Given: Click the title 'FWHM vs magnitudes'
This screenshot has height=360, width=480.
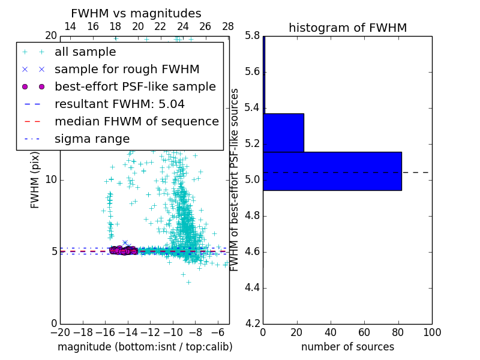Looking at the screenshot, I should [x=136, y=14].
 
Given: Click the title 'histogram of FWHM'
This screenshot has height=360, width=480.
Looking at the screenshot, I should [x=347, y=28].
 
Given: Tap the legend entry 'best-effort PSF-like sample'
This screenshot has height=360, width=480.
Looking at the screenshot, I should [x=135, y=86].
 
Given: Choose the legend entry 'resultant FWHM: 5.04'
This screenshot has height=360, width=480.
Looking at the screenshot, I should [x=119, y=104].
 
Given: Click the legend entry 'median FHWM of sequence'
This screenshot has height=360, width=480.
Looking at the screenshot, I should [x=136, y=121].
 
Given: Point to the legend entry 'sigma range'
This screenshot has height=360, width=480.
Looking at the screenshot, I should [x=92, y=139].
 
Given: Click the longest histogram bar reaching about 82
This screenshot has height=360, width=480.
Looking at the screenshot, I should [x=332, y=171].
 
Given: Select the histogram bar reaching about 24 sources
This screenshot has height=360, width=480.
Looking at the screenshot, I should [x=283, y=133].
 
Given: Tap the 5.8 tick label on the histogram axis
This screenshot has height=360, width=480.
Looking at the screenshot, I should [x=252, y=36].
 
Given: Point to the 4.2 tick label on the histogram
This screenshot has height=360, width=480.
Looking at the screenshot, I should [x=252, y=323].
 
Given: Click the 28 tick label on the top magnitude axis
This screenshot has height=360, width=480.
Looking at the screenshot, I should [x=227, y=26].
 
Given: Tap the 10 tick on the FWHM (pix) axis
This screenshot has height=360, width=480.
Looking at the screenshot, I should [x=52, y=179].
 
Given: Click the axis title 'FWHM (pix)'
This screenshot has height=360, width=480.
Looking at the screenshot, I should [x=35, y=179].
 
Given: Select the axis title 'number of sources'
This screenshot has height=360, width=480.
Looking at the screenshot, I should [x=347, y=347].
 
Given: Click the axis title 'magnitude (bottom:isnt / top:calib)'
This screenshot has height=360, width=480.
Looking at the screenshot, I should [x=145, y=347].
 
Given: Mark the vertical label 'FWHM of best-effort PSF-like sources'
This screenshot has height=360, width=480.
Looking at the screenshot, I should [x=235, y=179].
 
